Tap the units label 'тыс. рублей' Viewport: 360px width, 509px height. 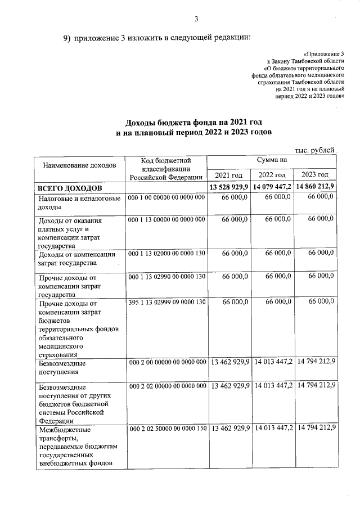tap(315, 150)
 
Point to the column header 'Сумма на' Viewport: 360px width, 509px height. tap(272, 160)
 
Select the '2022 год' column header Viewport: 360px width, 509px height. tap(272, 174)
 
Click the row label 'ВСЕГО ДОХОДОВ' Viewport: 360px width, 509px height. tap(70, 187)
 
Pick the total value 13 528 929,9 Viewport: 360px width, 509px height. tap(229, 187)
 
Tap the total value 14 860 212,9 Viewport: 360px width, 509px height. tap(316, 187)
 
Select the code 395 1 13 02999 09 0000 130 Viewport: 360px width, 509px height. tap(166, 303)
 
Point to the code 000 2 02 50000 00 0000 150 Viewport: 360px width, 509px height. tap(168, 429)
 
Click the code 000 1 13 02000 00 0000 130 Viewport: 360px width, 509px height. tap(166, 254)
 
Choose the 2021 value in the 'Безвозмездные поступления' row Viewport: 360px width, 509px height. tap(229, 362)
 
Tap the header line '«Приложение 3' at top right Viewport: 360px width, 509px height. tap(323, 53)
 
